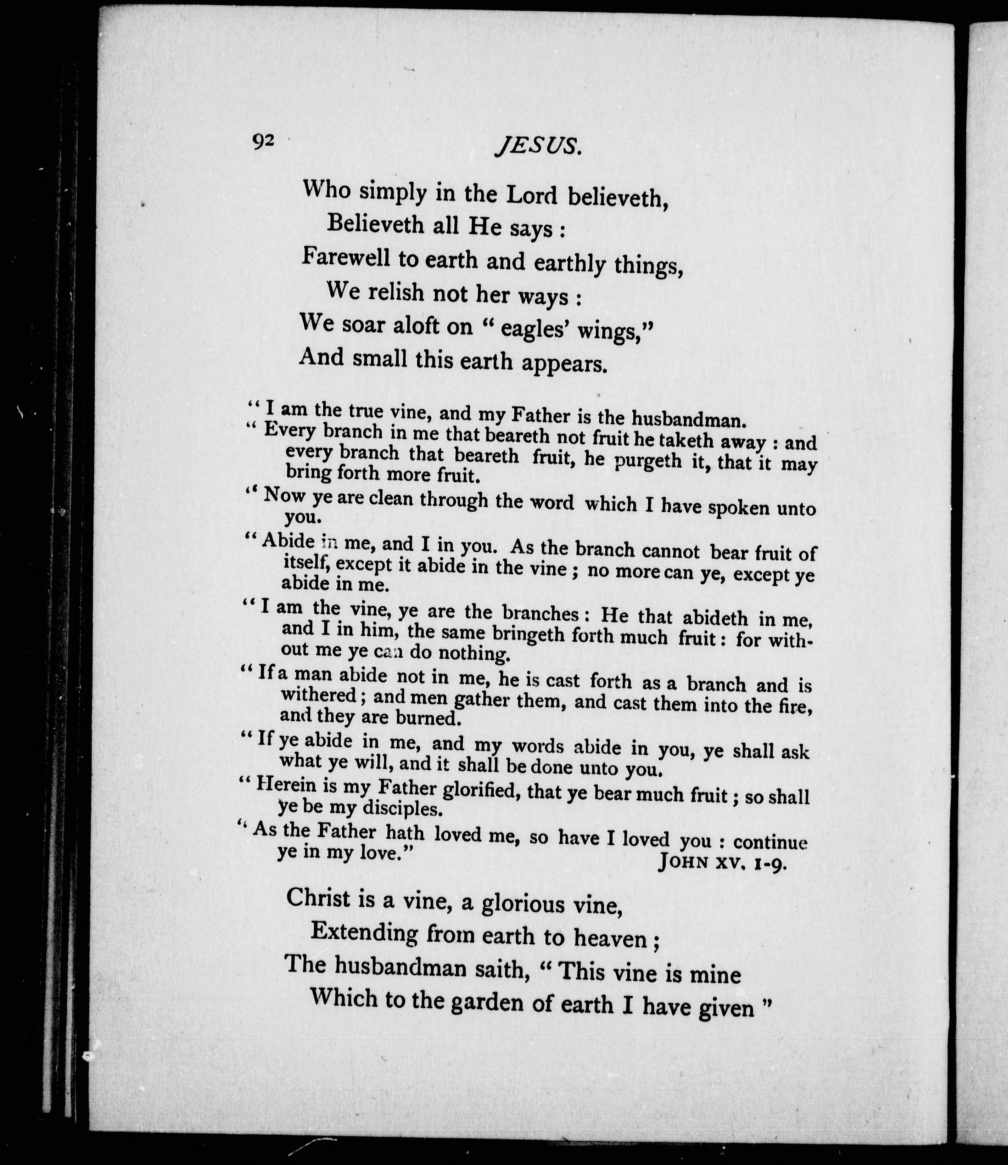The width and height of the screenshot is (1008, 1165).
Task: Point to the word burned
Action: coord(429,718)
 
